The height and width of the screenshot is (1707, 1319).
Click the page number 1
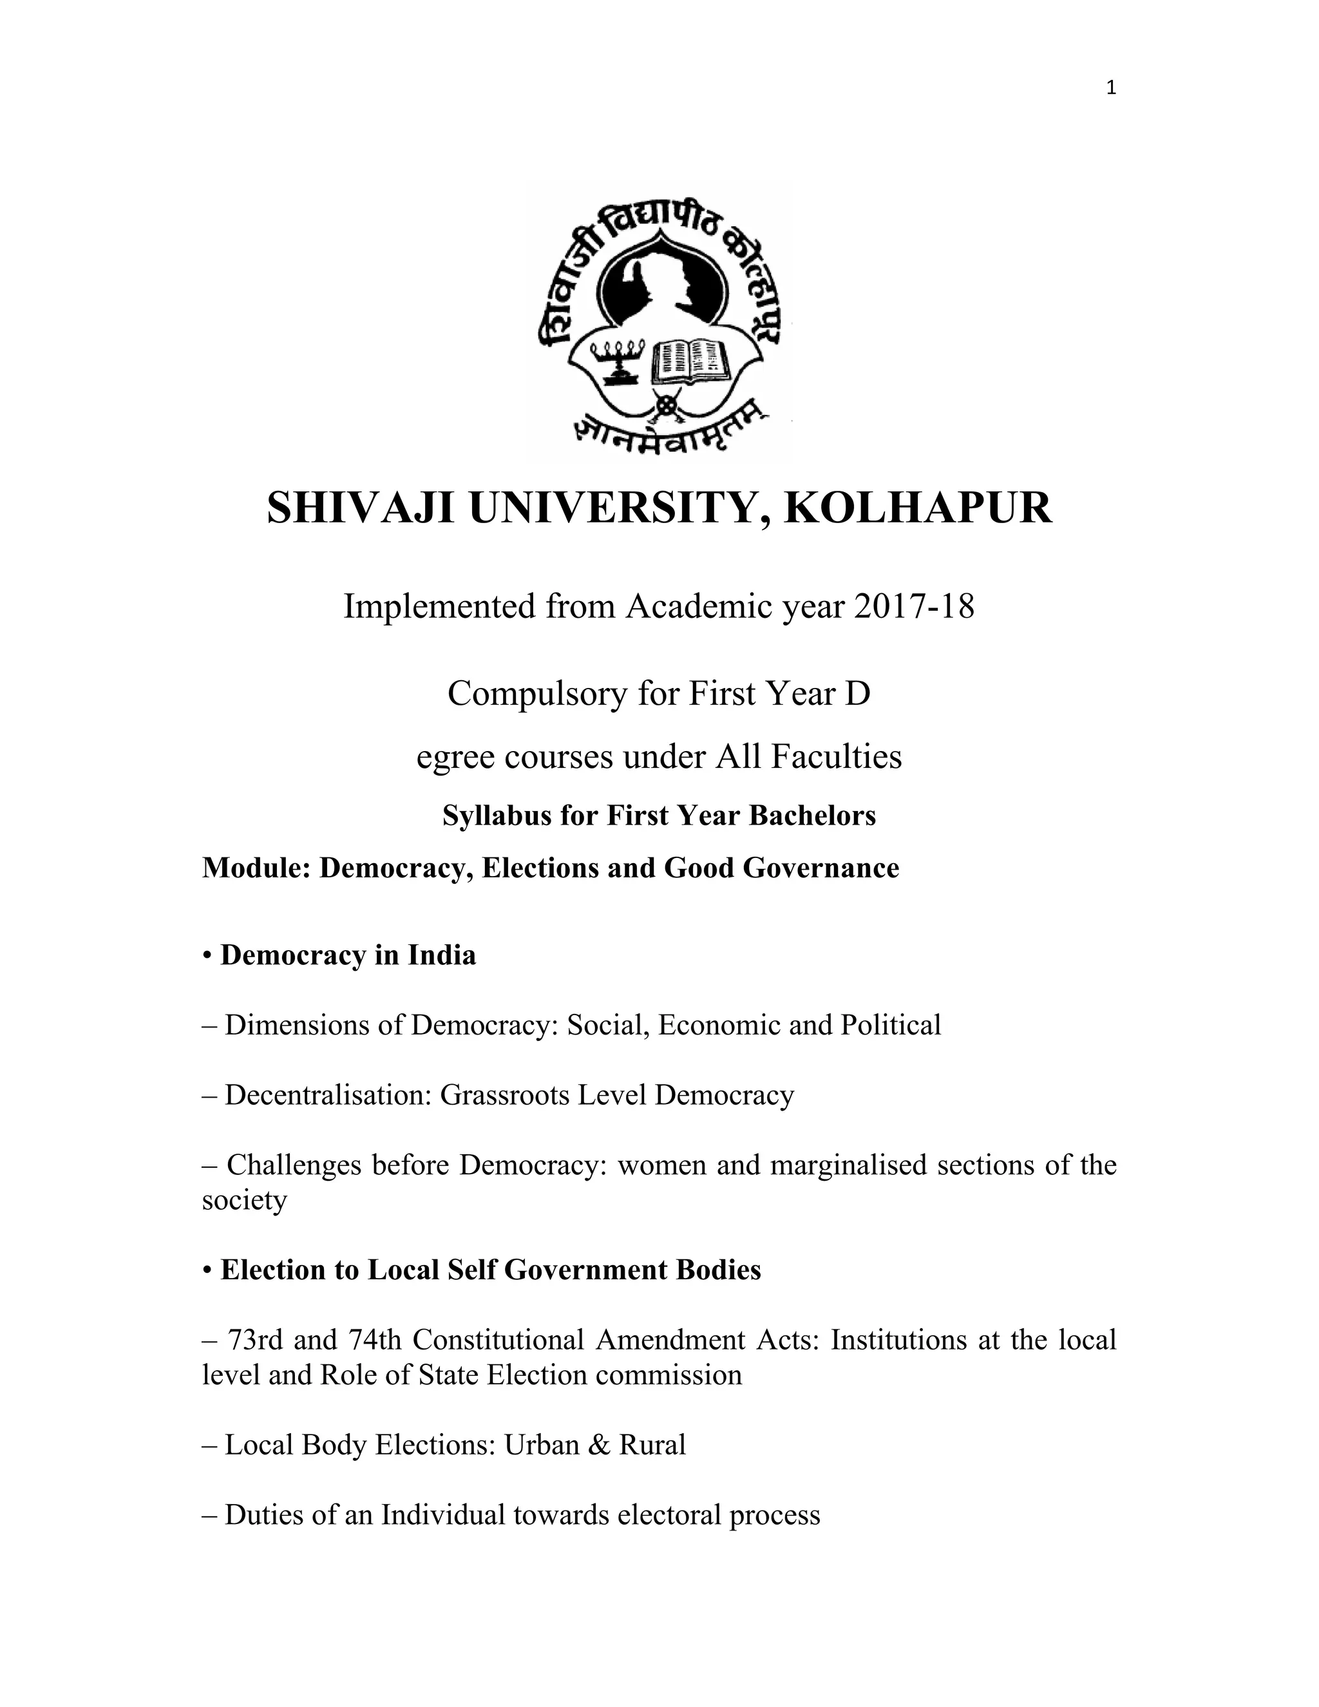click(x=1111, y=88)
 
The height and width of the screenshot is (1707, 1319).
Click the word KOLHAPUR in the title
click(x=918, y=509)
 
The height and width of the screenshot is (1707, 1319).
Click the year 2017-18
click(x=915, y=607)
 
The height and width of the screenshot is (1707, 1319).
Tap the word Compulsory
click(x=538, y=693)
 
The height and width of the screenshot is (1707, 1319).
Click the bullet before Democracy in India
click(x=207, y=956)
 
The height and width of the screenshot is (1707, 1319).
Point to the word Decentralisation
click(x=328, y=1095)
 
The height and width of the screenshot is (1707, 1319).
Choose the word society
click(x=245, y=1200)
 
